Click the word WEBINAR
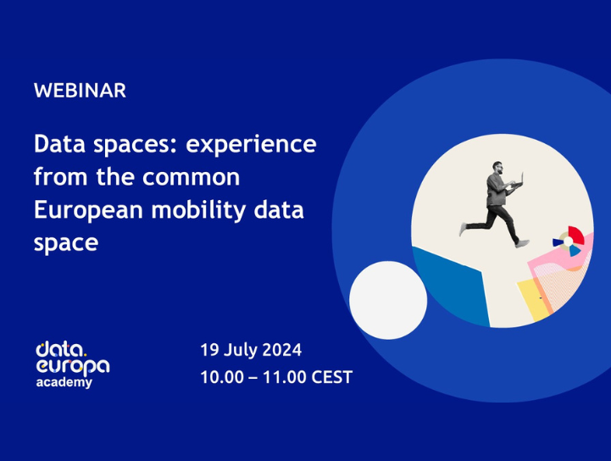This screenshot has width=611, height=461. [80, 91]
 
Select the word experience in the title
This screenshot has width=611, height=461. [251, 145]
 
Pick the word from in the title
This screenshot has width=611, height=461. [56, 178]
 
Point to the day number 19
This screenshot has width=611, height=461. [209, 350]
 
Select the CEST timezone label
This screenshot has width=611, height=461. [331, 378]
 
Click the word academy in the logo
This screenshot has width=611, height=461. [64, 383]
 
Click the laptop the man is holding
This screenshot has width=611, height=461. [518, 180]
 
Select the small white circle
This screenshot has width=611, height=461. [388, 300]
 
